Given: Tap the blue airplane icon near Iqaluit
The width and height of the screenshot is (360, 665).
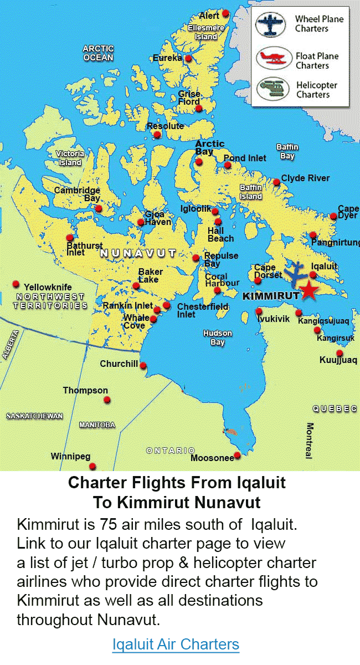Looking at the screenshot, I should [298, 272].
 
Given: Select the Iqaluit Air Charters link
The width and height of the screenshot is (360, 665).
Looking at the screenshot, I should [176, 644].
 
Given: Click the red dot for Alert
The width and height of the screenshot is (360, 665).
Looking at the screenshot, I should [225, 13].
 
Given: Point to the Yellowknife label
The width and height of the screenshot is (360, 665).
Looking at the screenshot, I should [48, 287].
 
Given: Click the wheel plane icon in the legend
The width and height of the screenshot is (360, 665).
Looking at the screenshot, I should [270, 24].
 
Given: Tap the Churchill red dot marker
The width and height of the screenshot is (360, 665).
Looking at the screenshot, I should [143, 366].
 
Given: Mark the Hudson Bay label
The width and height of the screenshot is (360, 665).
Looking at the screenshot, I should [217, 337].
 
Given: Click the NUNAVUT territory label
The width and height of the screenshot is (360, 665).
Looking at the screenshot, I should [137, 254].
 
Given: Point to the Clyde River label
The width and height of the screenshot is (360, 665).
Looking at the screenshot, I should [305, 178].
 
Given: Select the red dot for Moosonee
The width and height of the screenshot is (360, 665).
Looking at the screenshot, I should [238, 456].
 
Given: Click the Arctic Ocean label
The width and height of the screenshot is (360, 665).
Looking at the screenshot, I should [98, 53].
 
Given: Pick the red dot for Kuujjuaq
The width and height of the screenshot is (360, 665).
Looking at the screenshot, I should [340, 353].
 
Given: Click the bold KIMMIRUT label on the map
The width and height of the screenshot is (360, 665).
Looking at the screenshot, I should [271, 296].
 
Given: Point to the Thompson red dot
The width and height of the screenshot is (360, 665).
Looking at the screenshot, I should [107, 400].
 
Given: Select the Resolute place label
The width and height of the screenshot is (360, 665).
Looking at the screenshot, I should [165, 126].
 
